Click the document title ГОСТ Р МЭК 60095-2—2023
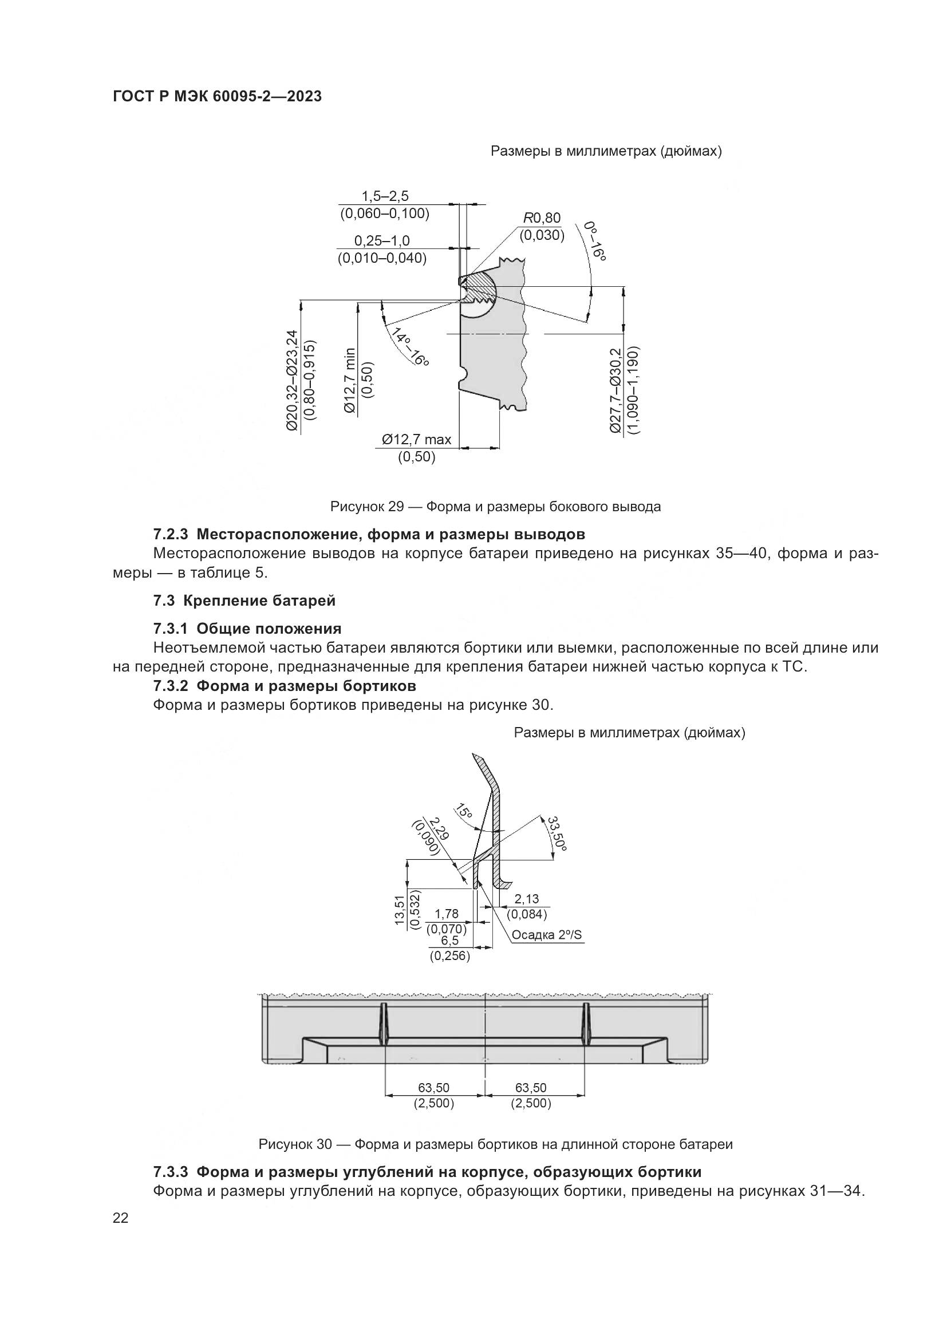[217, 97]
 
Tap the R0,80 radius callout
[541, 218]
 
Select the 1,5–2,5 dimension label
[385, 196]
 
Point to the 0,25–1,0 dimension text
[382, 241]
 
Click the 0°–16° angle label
[595, 240]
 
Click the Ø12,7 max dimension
[416, 440]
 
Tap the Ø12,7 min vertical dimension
[350, 380]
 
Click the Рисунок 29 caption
[495, 506]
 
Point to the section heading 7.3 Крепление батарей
[244, 600]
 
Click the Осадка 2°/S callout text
[546, 935]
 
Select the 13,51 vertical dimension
[400, 910]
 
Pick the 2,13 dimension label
[527, 899]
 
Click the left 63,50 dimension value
[434, 1088]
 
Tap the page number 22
[120, 1218]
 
